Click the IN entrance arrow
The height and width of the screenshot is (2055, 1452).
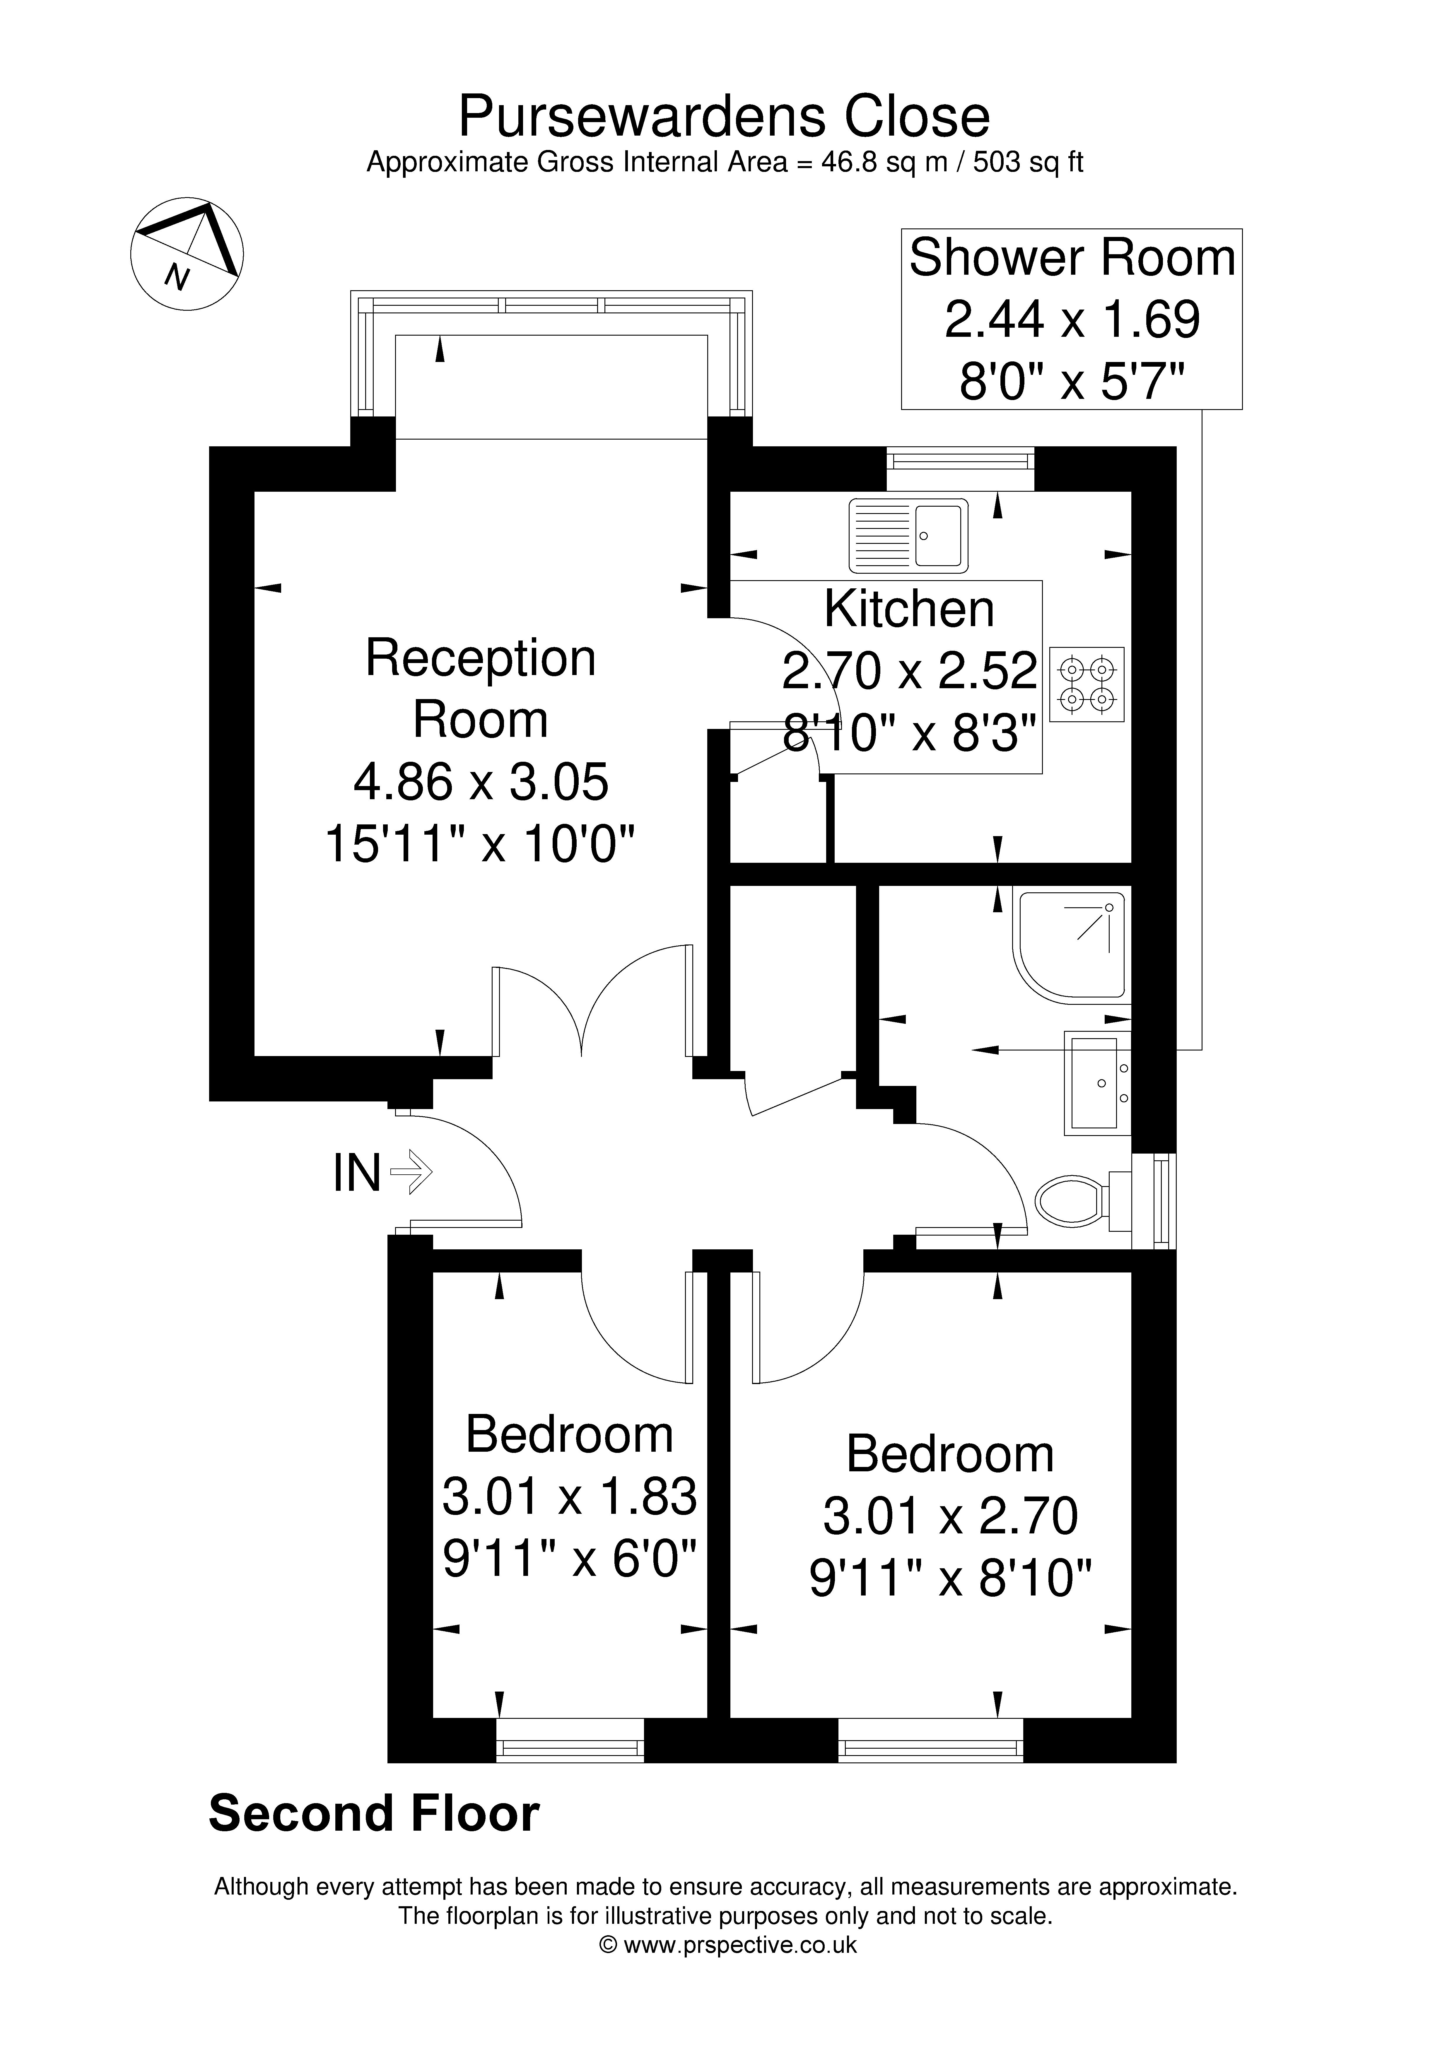(x=412, y=1172)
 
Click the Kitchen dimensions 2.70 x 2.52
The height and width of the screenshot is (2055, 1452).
(x=910, y=670)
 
